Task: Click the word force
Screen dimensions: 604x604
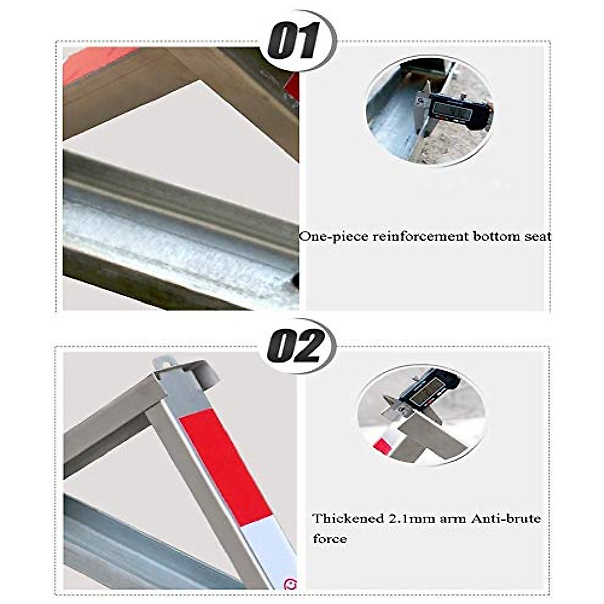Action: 329,539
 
